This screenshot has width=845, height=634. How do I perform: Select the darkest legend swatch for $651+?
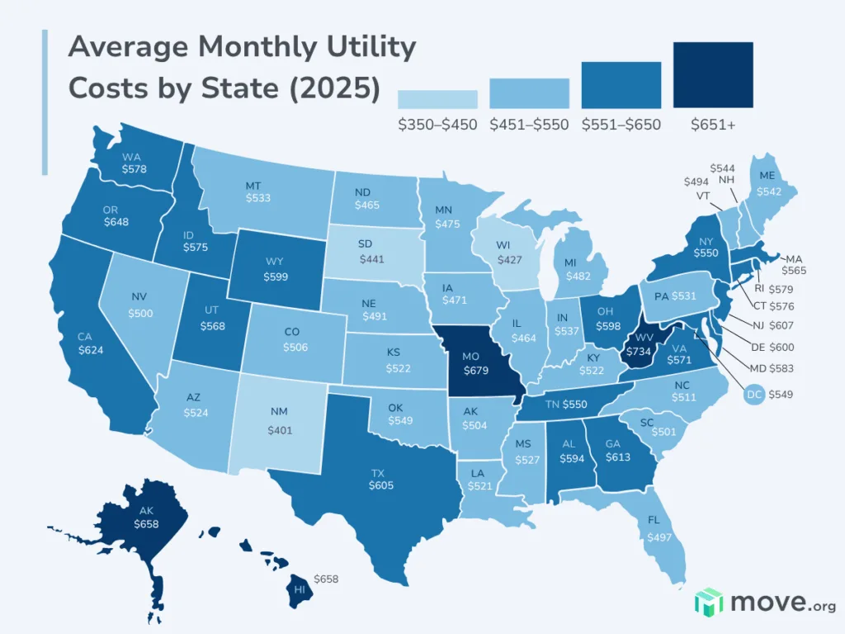[713, 75]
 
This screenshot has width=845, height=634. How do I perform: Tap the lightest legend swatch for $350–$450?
[437, 99]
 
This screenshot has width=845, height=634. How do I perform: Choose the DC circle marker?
[753, 395]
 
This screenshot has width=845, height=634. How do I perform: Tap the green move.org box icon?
[709, 603]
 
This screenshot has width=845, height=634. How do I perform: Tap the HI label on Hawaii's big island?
[301, 589]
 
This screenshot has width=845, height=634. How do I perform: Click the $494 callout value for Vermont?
[699, 182]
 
